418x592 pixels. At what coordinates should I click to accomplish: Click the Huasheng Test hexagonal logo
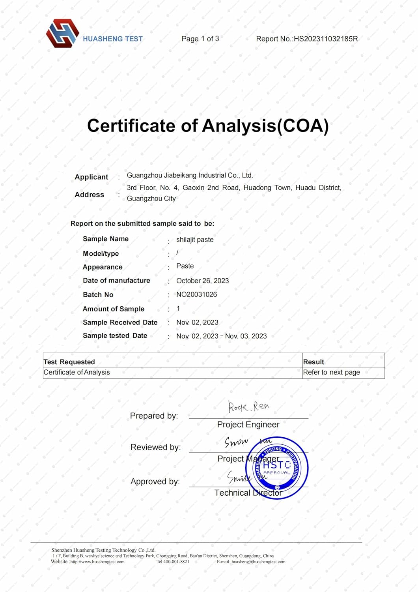(62, 34)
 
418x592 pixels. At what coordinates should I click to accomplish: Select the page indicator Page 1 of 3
(200, 39)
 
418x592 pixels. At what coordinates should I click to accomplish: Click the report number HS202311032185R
(326, 39)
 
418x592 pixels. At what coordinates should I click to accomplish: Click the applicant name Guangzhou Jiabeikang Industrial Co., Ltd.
(190, 175)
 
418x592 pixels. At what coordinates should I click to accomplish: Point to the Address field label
(90, 195)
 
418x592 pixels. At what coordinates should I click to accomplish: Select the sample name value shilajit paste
(195, 240)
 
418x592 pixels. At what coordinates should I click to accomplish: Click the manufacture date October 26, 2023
(202, 281)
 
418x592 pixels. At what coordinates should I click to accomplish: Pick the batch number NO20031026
(196, 294)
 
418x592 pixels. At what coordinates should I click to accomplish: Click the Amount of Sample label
(114, 309)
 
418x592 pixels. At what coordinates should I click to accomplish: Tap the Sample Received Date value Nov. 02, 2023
(197, 322)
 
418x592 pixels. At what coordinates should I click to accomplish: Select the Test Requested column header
(69, 362)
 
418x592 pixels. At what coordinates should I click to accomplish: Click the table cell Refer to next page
(331, 372)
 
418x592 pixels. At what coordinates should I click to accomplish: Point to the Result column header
(313, 362)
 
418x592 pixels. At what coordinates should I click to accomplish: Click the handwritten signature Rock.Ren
(248, 407)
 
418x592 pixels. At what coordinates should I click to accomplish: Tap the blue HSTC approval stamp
(277, 468)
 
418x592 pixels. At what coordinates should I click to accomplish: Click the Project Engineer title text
(248, 425)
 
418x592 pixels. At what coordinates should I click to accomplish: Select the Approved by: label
(155, 481)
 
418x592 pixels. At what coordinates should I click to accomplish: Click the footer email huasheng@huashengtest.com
(258, 562)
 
